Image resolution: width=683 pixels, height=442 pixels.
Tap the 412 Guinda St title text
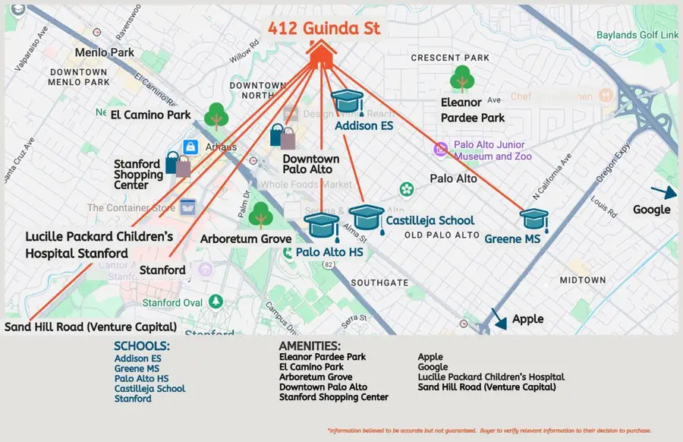pyautogui.click(x=323, y=29)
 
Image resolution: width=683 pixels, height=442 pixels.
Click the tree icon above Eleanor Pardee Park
pyautogui.click(x=461, y=79)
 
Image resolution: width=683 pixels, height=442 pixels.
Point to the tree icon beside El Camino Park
pyautogui.click(x=217, y=116)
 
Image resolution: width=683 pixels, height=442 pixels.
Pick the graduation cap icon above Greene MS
pyautogui.click(x=533, y=219)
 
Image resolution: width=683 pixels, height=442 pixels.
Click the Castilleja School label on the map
pyautogui.click(x=430, y=221)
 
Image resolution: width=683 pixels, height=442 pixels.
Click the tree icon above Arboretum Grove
pyautogui.click(x=260, y=216)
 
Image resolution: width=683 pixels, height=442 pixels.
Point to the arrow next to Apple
pyautogui.click(x=499, y=318)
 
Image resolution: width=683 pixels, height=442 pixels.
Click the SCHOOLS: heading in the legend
pyautogui.click(x=141, y=346)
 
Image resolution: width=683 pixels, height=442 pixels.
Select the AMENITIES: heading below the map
pyautogui.click(x=310, y=346)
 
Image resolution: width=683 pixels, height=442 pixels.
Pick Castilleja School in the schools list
pyautogui.click(x=150, y=389)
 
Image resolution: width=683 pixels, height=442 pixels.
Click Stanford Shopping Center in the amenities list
pyautogui.click(x=333, y=397)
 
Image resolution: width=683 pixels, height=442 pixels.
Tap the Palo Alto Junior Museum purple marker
pyautogui.click(x=440, y=149)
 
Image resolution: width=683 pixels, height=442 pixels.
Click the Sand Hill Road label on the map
pyautogui.click(x=90, y=327)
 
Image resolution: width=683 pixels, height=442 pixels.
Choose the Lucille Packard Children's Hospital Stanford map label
pyautogui.click(x=99, y=245)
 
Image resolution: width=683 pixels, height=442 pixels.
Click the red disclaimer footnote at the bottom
pyautogui.click(x=489, y=431)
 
